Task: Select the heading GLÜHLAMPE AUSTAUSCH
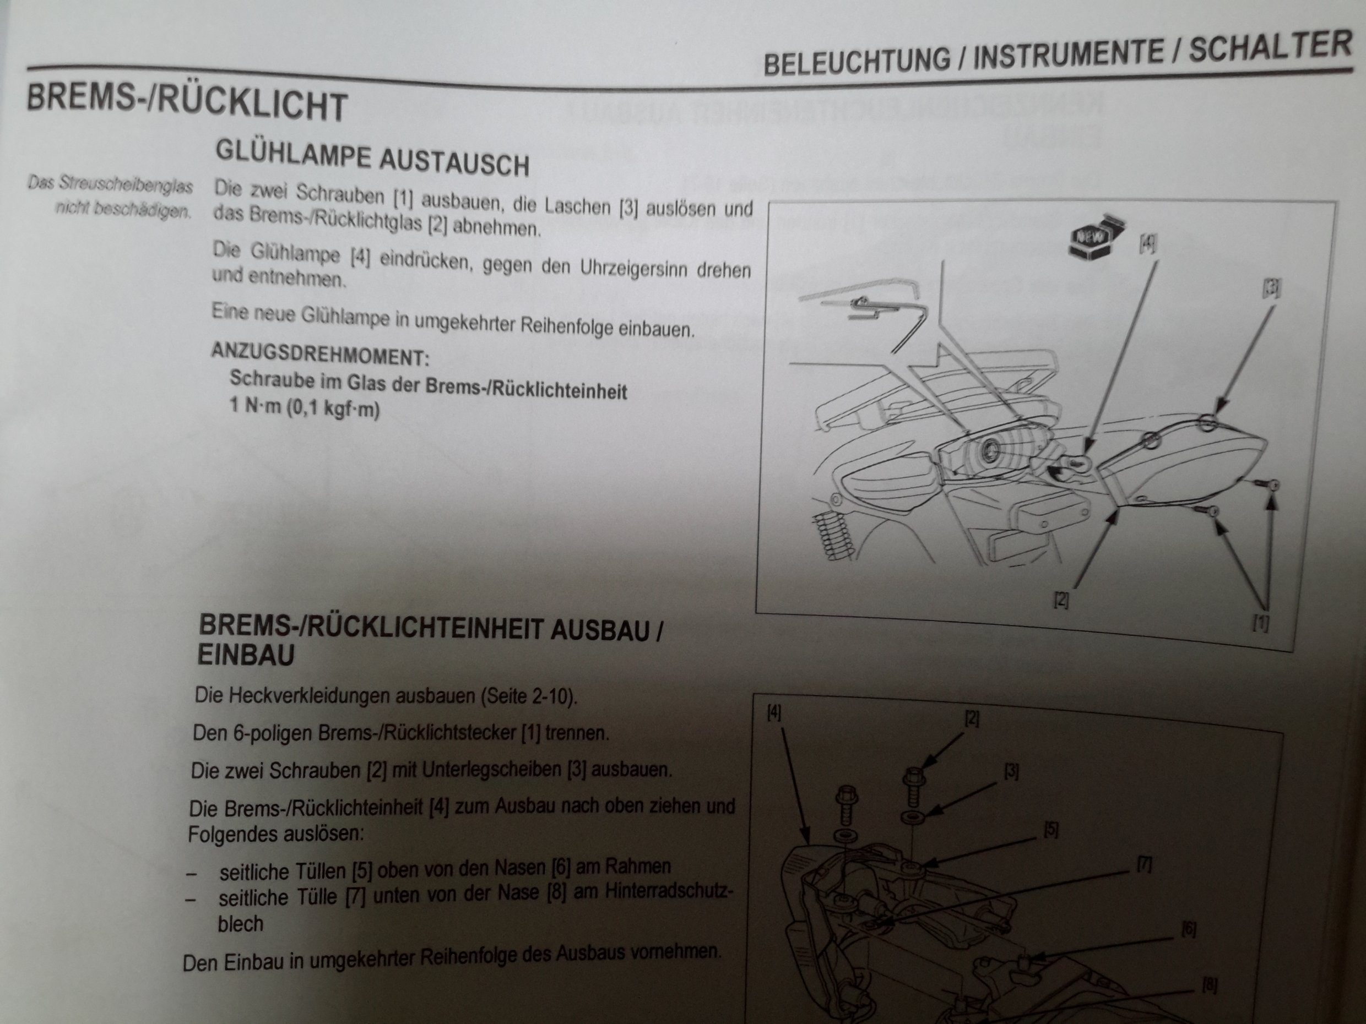pos(372,158)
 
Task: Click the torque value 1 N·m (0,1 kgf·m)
pos(305,407)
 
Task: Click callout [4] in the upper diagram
pos(1147,244)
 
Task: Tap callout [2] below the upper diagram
pos(1061,600)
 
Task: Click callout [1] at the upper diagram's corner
pos(1260,623)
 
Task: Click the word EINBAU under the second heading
pos(246,655)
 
